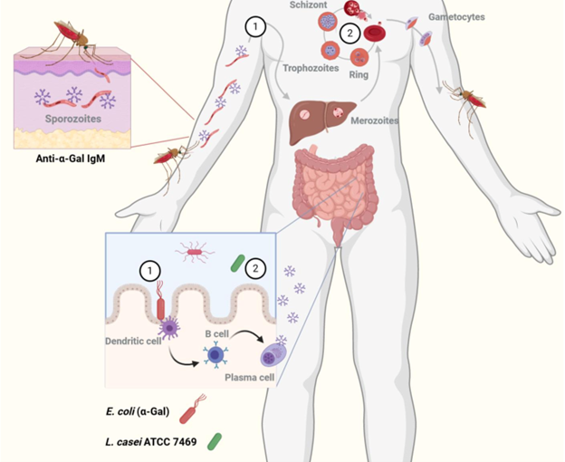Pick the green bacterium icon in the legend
(215, 441)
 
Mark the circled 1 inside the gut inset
(146, 269)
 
